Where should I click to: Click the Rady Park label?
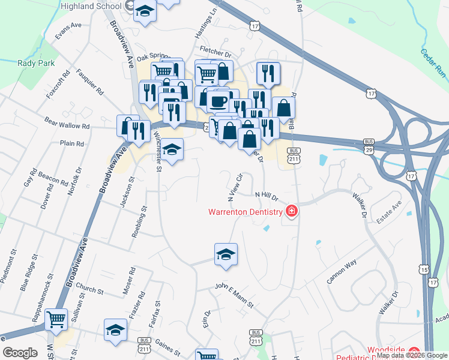click(36, 63)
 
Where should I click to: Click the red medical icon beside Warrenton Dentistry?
click(291, 211)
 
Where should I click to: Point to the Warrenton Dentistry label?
click(245, 212)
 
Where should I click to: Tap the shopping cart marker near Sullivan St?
click(56, 319)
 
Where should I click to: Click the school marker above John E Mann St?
click(226, 254)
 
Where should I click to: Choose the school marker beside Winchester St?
click(172, 149)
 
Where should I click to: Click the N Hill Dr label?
click(267, 195)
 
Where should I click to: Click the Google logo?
click(20, 353)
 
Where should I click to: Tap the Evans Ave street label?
click(67, 30)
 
